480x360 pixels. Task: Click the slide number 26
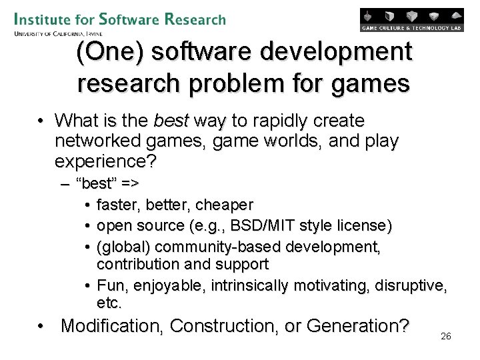pyautogui.click(x=446, y=336)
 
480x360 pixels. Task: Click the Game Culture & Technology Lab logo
pyautogui.click(x=411, y=20)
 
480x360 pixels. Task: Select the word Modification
pyautogui.click(x=111, y=326)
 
